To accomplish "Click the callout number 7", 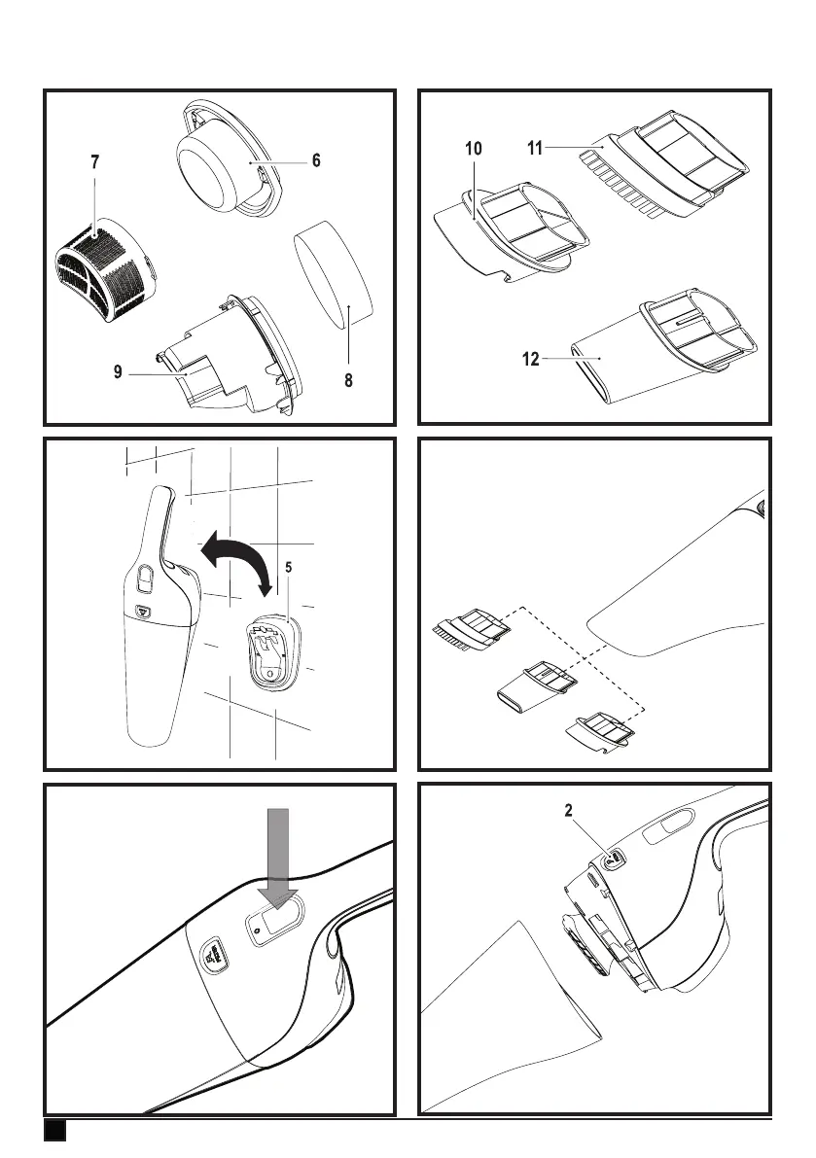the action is pyautogui.click(x=94, y=163).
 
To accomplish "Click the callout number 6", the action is pyautogui.click(x=316, y=161).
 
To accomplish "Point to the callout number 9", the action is pyautogui.click(x=118, y=369).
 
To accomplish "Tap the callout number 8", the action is pyautogui.click(x=347, y=382).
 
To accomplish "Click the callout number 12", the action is pyautogui.click(x=530, y=359).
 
